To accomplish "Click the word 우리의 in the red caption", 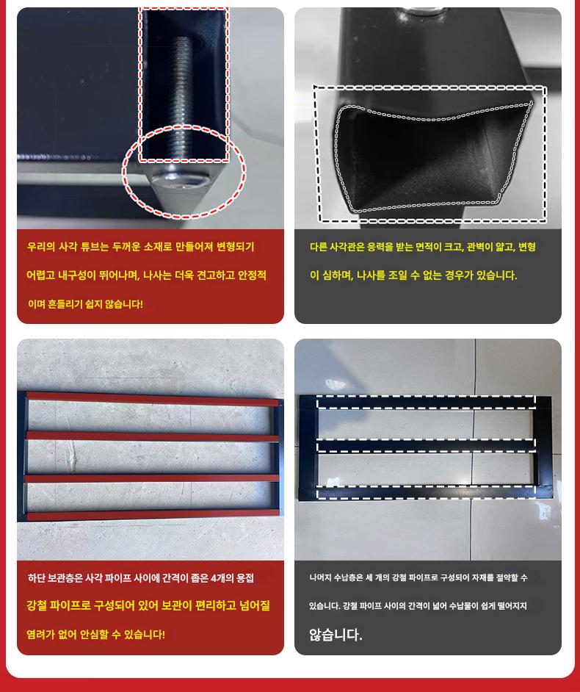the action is coord(41,247).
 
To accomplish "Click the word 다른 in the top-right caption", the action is coord(319,247).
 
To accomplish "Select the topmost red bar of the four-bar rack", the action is coord(153,399).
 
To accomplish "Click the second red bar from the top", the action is coord(153,437).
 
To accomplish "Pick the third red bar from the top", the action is coord(153,478).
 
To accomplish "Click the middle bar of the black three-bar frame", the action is coord(426,446).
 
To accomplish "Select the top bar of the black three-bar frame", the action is coord(426,403).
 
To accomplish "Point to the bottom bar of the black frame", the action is coord(426,492).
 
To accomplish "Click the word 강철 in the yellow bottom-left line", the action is coord(36,606).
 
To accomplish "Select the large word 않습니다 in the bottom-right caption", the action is coord(336,635).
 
